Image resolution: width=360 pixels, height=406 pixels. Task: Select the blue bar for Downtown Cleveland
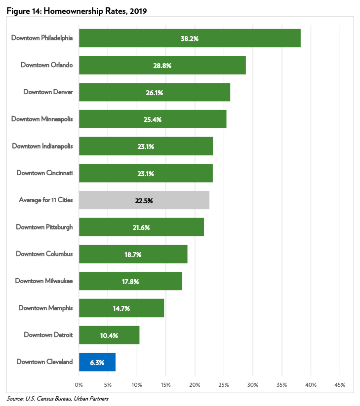97,362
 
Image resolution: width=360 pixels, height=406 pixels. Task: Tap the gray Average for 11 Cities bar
144,200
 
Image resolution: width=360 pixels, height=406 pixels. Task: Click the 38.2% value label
189,38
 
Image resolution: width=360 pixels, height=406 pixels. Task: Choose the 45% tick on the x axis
339,384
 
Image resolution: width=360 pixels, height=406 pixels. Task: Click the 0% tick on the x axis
79,384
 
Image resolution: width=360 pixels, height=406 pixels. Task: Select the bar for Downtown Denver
154,92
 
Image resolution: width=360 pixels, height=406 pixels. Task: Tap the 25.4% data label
152,119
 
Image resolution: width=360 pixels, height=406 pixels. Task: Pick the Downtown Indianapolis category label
42,146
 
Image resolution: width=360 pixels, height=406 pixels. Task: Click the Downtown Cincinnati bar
146,173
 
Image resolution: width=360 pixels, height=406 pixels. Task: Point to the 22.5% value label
144,200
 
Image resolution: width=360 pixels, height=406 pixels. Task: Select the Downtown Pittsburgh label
44,227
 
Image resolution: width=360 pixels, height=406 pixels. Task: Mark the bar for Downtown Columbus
133,254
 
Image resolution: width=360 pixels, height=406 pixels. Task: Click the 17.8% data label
130,281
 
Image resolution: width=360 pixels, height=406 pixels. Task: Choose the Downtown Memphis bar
121,308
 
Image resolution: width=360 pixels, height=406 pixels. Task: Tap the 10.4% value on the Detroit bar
109,335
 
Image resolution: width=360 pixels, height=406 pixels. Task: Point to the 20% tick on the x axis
195,384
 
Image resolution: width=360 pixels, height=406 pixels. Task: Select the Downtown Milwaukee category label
44,281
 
